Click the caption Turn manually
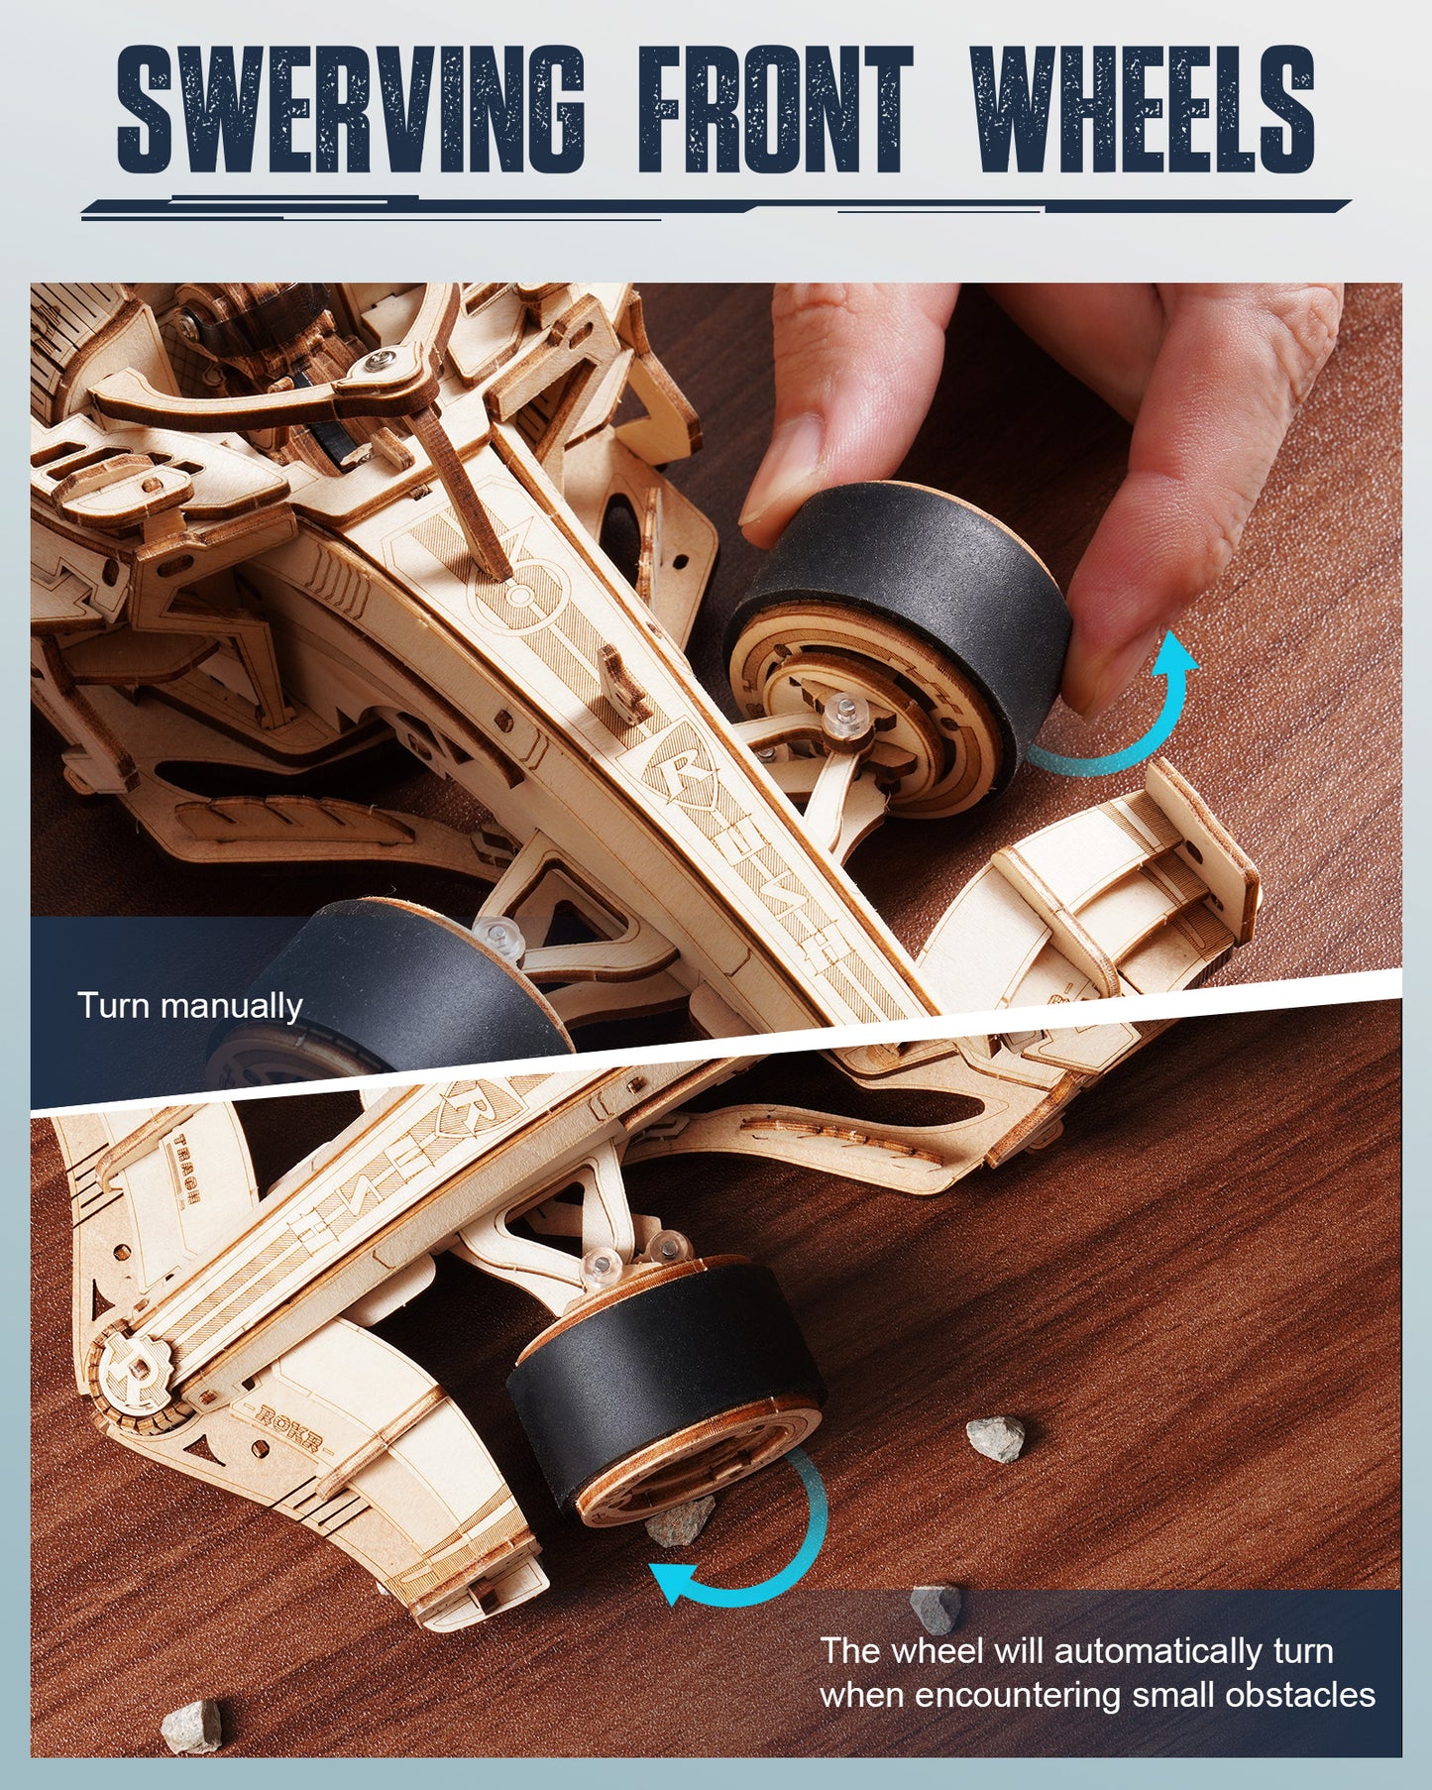(x=189, y=1006)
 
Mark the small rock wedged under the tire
(x=681, y=1521)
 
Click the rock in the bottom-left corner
(x=191, y=1726)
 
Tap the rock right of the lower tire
(x=996, y=1438)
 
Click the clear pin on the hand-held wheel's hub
(x=844, y=712)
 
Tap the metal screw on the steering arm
(x=378, y=360)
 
